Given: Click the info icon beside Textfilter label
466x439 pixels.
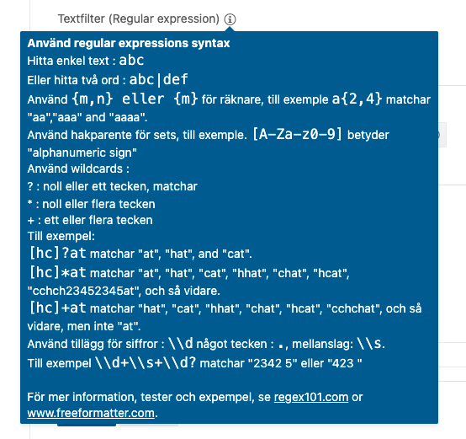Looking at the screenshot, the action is [230, 19].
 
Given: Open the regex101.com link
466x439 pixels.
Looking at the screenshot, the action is [311, 397].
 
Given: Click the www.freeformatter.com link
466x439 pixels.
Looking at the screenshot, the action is [91, 413].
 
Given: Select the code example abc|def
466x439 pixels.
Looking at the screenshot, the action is [158, 79].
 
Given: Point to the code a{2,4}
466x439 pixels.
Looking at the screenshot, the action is [357, 99].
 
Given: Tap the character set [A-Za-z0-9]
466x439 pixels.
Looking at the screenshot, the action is [297, 134].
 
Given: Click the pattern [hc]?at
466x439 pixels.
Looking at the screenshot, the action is [58, 254].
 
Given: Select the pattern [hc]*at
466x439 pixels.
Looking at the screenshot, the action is [58, 272].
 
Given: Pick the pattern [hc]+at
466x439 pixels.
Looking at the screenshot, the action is [58, 308].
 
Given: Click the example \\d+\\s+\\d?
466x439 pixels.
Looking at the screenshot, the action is [146, 362].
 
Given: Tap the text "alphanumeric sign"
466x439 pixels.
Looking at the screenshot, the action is [82, 153].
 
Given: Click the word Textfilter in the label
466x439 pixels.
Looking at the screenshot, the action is [81, 19].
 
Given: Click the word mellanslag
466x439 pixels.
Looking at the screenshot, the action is [322, 345].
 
